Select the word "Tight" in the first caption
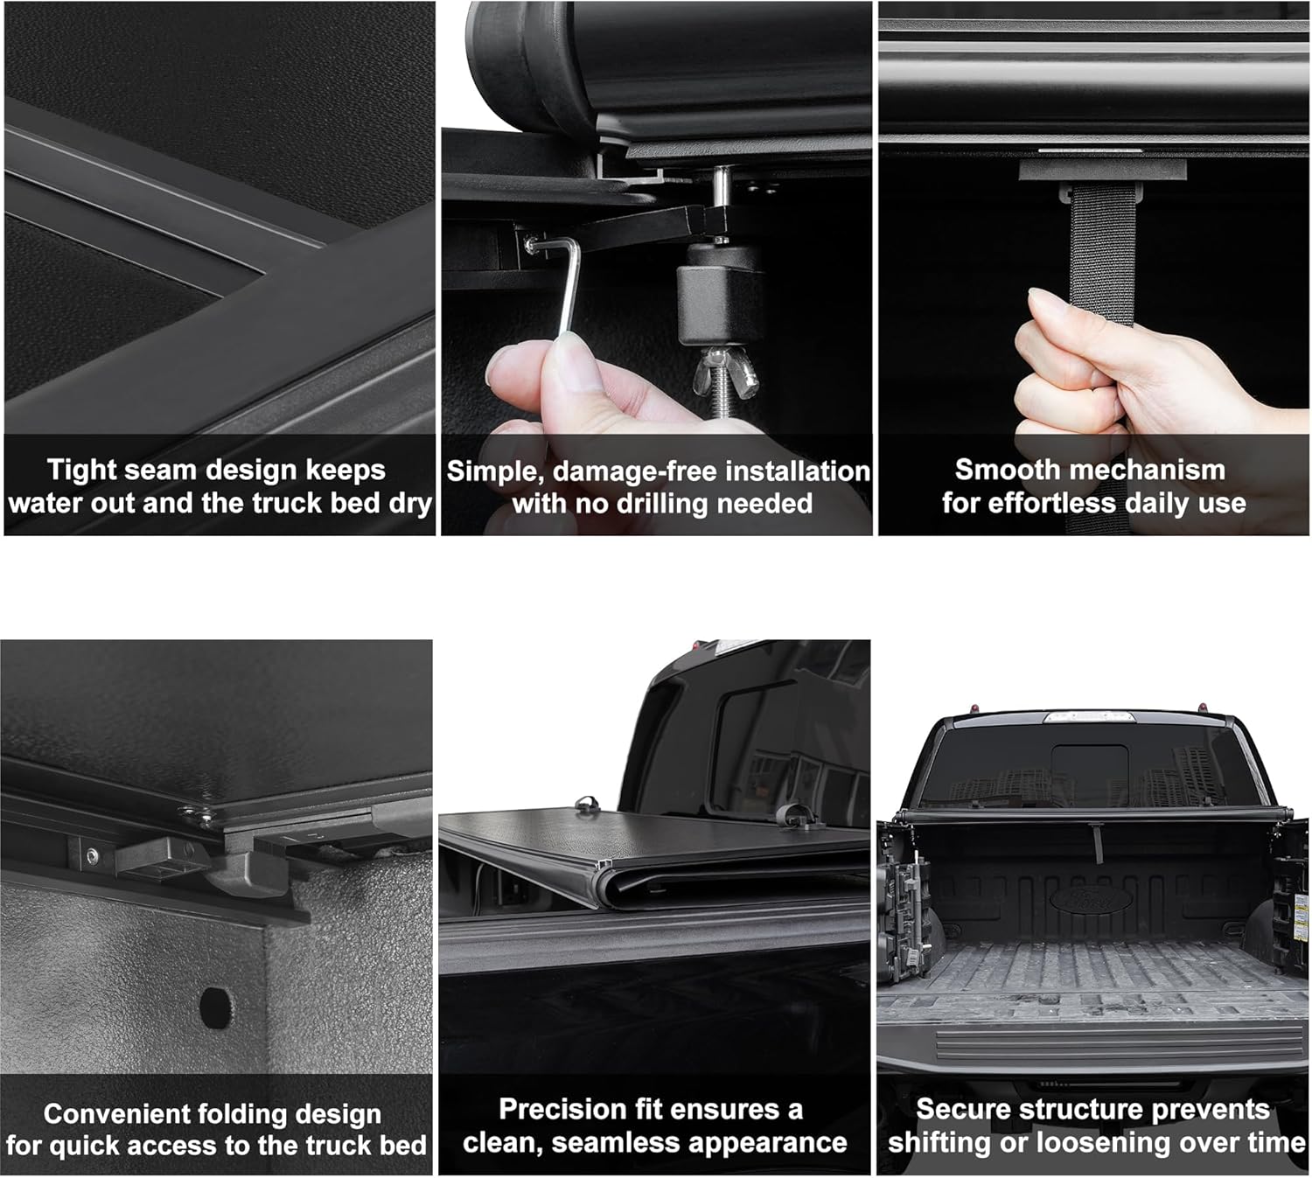pos(82,470)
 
